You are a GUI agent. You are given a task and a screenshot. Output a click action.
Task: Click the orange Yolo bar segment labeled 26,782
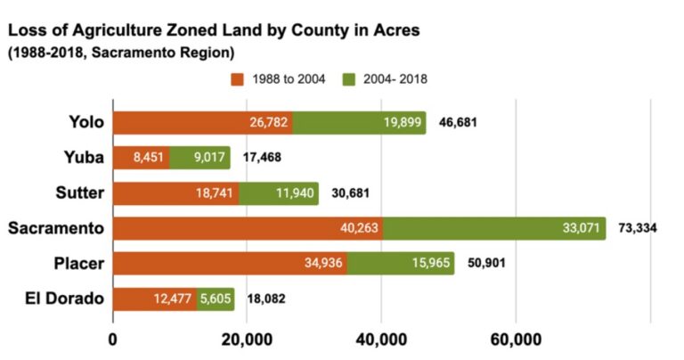click(x=202, y=122)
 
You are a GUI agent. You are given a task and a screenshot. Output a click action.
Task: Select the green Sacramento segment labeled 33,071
click(x=494, y=228)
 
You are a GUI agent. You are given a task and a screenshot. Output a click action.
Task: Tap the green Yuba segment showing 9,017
click(x=199, y=158)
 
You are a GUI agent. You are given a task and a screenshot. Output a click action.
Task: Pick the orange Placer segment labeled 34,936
click(x=230, y=263)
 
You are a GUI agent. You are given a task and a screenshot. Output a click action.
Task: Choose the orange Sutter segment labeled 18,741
click(x=175, y=192)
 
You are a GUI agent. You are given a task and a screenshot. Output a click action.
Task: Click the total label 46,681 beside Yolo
click(x=458, y=122)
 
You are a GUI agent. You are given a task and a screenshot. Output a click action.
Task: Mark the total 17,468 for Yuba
click(x=262, y=158)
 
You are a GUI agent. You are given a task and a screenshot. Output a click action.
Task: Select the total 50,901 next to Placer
click(x=485, y=263)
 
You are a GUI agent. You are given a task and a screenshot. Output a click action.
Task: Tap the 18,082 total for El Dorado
click(x=265, y=299)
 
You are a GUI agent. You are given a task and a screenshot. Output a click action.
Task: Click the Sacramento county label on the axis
click(x=56, y=228)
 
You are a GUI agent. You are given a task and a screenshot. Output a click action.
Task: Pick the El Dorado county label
click(x=63, y=299)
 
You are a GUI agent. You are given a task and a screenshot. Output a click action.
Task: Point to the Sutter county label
click(x=78, y=192)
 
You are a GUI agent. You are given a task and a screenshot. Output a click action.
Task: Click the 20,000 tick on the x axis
click(x=246, y=340)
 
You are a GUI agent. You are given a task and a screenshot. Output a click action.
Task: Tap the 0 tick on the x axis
click(x=112, y=340)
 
